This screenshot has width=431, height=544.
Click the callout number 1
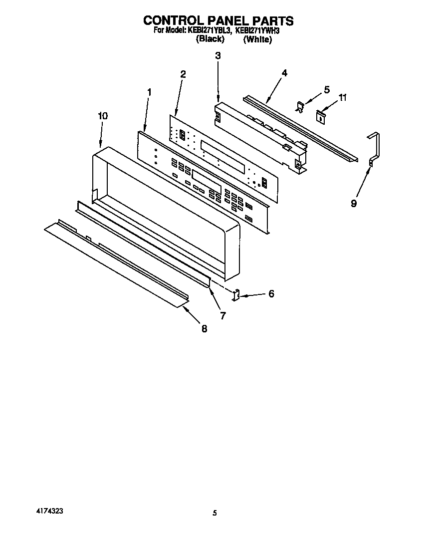pyautogui.click(x=149, y=92)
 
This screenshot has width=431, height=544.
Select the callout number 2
pyautogui.click(x=183, y=74)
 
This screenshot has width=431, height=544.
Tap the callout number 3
pyautogui.click(x=217, y=56)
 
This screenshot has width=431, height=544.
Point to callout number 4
pyautogui.click(x=284, y=73)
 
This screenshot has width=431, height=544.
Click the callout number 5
pyautogui.click(x=327, y=90)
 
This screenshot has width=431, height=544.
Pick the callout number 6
pyautogui.click(x=271, y=294)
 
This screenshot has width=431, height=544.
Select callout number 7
pyautogui.click(x=222, y=315)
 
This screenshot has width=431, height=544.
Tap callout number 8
pyautogui.click(x=204, y=329)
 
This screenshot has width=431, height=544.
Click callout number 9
pyautogui.click(x=354, y=204)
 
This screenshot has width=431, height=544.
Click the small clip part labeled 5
pyautogui.click(x=300, y=106)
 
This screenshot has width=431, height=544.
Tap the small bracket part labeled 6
pyautogui.click(x=236, y=295)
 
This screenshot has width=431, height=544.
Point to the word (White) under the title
pyautogui.click(x=257, y=40)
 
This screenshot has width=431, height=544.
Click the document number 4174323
pyautogui.click(x=49, y=512)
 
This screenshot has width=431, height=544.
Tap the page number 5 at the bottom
pyautogui.click(x=215, y=513)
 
